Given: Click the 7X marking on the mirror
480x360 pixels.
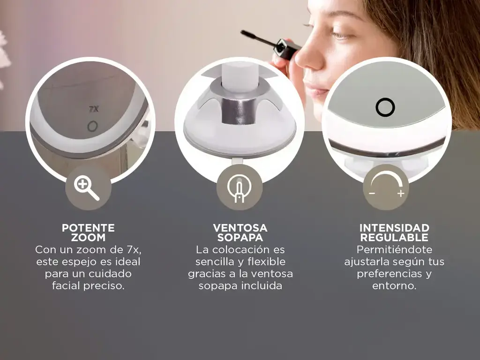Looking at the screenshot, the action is click(x=94, y=109).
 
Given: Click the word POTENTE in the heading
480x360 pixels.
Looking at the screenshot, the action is click(x=88, y=228).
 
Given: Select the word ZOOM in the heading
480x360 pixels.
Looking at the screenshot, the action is click(x=88, y=237).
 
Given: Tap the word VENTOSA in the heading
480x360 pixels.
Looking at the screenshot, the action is click(x=240, y=228).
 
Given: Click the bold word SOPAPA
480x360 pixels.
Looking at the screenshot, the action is click(x=240, y=237).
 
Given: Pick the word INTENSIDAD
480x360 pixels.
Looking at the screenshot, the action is click(x=394, y=228).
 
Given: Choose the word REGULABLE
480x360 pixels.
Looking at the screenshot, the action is click(x=394, y=237).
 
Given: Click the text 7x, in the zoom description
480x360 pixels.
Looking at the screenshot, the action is click(x=134, y=250).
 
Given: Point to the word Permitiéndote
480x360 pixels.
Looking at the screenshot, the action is click(x=394, y=249).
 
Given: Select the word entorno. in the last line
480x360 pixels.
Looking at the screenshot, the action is click(x=394, y=286).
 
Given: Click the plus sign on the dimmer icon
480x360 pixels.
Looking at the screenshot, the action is click(x=401, y=194).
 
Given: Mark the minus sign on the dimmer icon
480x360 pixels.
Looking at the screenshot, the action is click(x=372, y=194).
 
